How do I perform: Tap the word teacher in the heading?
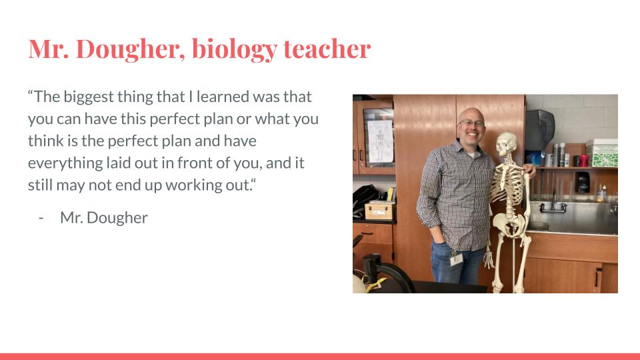click(x=327, y=49)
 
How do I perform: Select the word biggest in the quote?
click(x=89, y=97)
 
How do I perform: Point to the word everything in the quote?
click(x=65, y=163)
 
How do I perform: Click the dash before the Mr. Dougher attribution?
click(x=41, y=218)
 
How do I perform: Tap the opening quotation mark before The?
click(x=30, y=93)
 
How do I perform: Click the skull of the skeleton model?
click(x=506, y=144)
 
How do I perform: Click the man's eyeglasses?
click(x=471, y=123)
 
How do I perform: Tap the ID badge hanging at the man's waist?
click(x=456, y=259)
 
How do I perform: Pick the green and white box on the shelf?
click(x=603, y=155)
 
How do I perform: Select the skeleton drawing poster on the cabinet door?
click(x=380, y=141)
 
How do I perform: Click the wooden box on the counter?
click(x=379, y=211)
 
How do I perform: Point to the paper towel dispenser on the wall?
click(x=539, y=130)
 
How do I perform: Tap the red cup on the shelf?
click(x=584, y=161)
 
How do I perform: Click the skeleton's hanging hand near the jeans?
click(x=488, y=258)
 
